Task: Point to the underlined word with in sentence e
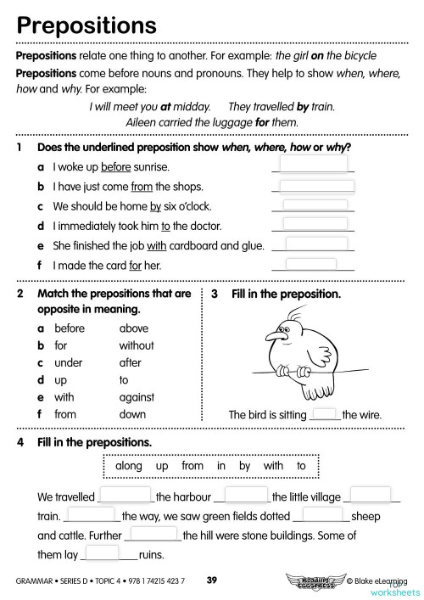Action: [158, 245]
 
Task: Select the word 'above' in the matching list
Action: [134, 328]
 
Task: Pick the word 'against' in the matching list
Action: [137, 397]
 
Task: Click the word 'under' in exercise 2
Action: [68, 362]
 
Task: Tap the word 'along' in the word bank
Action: [128, 466]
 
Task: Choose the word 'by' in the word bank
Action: [244, 466]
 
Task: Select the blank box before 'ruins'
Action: [103, 552]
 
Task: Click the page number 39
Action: [212, 580]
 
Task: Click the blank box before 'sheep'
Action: [322, 513]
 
